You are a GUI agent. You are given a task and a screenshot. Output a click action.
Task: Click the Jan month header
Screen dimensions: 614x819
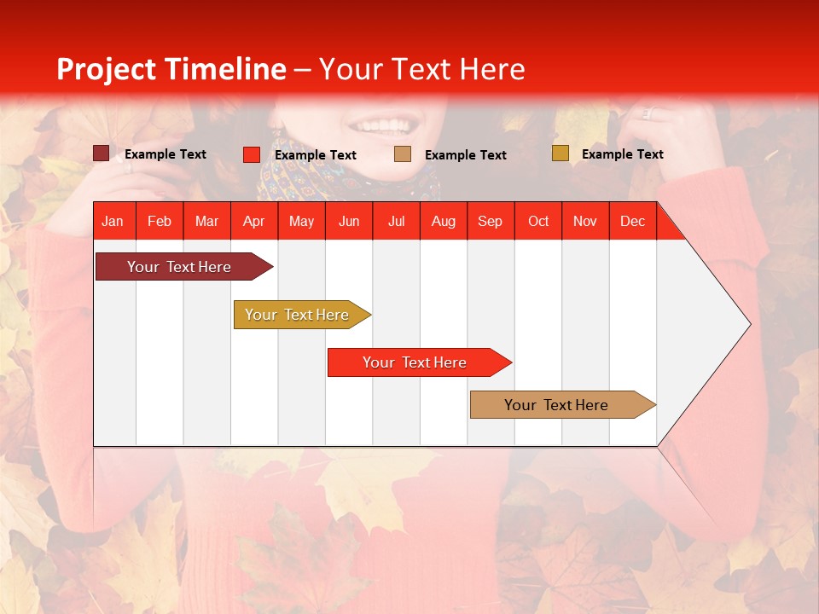113,222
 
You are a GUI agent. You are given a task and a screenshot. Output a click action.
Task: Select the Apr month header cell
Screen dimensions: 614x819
254,222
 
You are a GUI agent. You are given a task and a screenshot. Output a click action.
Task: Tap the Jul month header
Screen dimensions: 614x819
397,222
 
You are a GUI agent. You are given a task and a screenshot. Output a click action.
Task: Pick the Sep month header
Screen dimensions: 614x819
491,222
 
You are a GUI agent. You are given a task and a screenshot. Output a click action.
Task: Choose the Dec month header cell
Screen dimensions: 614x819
632,222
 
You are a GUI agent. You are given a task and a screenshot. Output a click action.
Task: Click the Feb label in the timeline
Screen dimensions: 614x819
160,222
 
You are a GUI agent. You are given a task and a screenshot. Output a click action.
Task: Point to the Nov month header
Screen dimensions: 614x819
585,222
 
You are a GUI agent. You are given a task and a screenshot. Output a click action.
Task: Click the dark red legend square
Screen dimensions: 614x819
101,153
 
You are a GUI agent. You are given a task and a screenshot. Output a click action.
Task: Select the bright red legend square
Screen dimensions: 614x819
252,154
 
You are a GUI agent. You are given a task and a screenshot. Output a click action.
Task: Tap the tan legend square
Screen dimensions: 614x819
403,154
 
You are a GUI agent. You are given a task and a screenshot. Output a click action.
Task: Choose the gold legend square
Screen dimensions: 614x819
560,153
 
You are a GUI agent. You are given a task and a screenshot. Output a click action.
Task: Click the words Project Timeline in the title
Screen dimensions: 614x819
171,69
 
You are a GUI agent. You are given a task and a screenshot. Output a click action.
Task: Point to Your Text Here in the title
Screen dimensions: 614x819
422,69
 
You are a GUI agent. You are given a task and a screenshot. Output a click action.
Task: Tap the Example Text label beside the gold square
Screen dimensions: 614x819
622,154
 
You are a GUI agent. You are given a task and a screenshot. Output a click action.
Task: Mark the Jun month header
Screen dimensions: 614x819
349,222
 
